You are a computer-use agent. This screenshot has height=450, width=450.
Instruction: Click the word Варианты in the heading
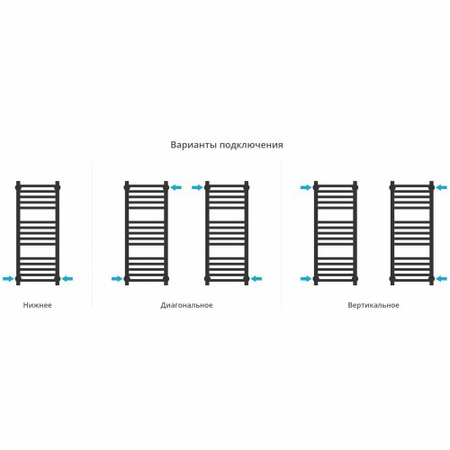tap(193, 145)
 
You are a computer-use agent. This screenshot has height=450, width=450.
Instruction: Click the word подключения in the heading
tap(251, 145)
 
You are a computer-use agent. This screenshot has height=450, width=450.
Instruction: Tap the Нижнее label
tap(38, 305)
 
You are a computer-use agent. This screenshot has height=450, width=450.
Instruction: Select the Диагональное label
tap(186, 305)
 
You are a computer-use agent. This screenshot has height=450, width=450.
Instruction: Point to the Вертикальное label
tap(373, 305)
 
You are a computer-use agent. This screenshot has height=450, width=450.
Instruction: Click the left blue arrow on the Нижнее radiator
tap(8, 279)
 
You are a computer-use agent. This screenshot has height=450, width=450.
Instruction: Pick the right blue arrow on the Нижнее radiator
tap(67, 279)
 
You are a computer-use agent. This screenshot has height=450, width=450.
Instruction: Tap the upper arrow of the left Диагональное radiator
tap(176, 187)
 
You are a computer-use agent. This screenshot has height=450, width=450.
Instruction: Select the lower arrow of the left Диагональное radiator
tap(117, 279)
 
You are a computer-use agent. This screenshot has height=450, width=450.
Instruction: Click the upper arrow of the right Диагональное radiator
tap(197, 187)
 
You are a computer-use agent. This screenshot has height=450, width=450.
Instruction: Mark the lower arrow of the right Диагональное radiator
tap(256, 279)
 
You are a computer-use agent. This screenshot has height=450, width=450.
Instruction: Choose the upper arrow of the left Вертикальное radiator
tap(306, 187)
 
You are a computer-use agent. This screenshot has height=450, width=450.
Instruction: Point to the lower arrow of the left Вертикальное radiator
tap(306, 279)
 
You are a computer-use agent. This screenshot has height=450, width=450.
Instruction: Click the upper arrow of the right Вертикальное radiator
tap(442, 187)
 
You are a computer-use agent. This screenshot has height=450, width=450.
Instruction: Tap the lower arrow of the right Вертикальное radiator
tap(442, 279)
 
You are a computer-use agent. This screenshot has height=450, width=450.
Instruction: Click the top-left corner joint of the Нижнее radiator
tap(18, 187)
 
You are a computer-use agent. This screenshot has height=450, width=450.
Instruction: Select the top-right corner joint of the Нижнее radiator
tap(58, 187)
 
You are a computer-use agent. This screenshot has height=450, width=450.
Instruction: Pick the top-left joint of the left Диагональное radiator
tap(127, 187)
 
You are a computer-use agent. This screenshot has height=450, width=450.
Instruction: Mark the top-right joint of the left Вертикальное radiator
tap(355, 187)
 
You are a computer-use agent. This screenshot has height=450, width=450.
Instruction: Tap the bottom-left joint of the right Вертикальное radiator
tap(392, 279)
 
